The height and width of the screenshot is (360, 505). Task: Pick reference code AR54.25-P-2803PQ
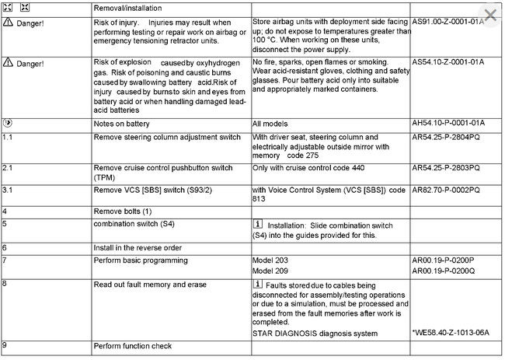446,168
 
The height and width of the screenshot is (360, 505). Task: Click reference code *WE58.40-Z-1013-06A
451,333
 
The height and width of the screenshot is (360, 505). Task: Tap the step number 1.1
7,136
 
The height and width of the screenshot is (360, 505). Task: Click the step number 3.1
7,189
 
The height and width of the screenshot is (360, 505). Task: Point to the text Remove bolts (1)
123,211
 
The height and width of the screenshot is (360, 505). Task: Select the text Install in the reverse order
139,247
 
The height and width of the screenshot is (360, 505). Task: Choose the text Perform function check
132,346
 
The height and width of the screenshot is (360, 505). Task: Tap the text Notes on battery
122,124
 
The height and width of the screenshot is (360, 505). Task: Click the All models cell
271,124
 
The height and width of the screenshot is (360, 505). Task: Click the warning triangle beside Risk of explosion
7,61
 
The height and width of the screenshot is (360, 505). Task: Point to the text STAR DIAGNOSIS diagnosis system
315,333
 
